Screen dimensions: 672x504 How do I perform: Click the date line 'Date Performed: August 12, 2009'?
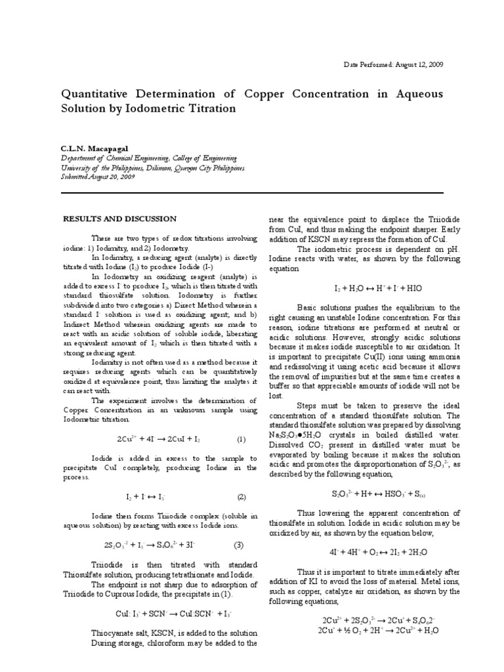point(394,65)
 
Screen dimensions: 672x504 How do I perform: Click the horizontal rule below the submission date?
point(252,193)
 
